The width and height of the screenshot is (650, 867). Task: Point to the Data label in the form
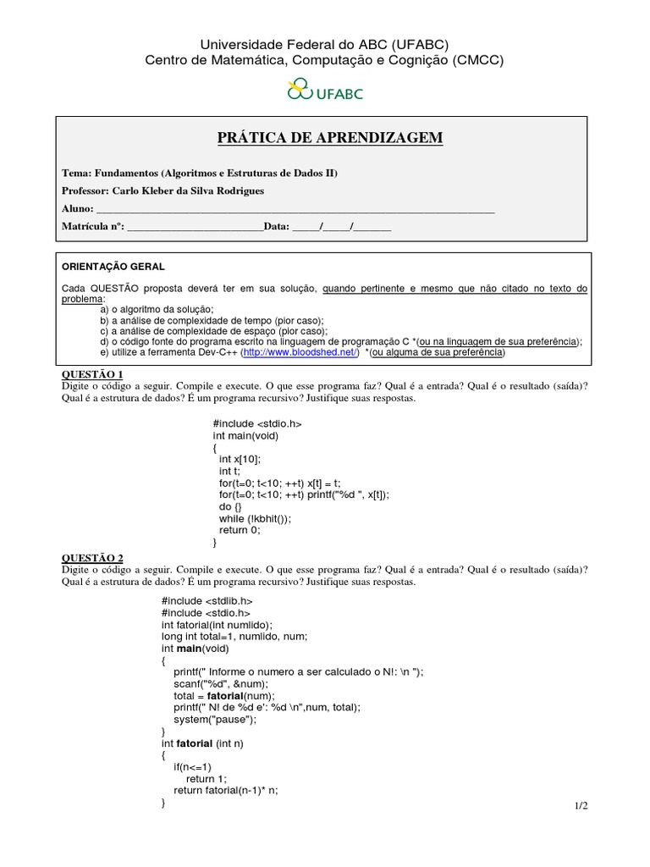[x=277, y=226]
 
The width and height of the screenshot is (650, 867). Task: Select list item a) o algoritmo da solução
[x=157, y=309]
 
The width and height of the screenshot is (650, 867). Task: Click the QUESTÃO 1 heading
[x=93, y=373]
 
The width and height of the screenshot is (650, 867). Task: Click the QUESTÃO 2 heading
[x=93, y=558]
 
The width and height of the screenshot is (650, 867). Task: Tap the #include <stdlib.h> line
[x=207, y=600]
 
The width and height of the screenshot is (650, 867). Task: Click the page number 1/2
[x=579, y=805]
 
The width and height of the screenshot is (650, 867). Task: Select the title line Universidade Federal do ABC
[x=324, y=44]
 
